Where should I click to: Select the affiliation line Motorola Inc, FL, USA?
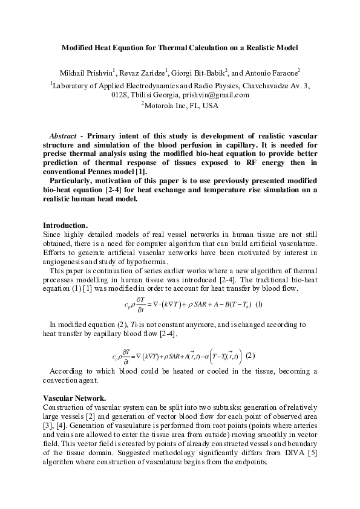[181, 106]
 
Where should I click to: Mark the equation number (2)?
[250, 355]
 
